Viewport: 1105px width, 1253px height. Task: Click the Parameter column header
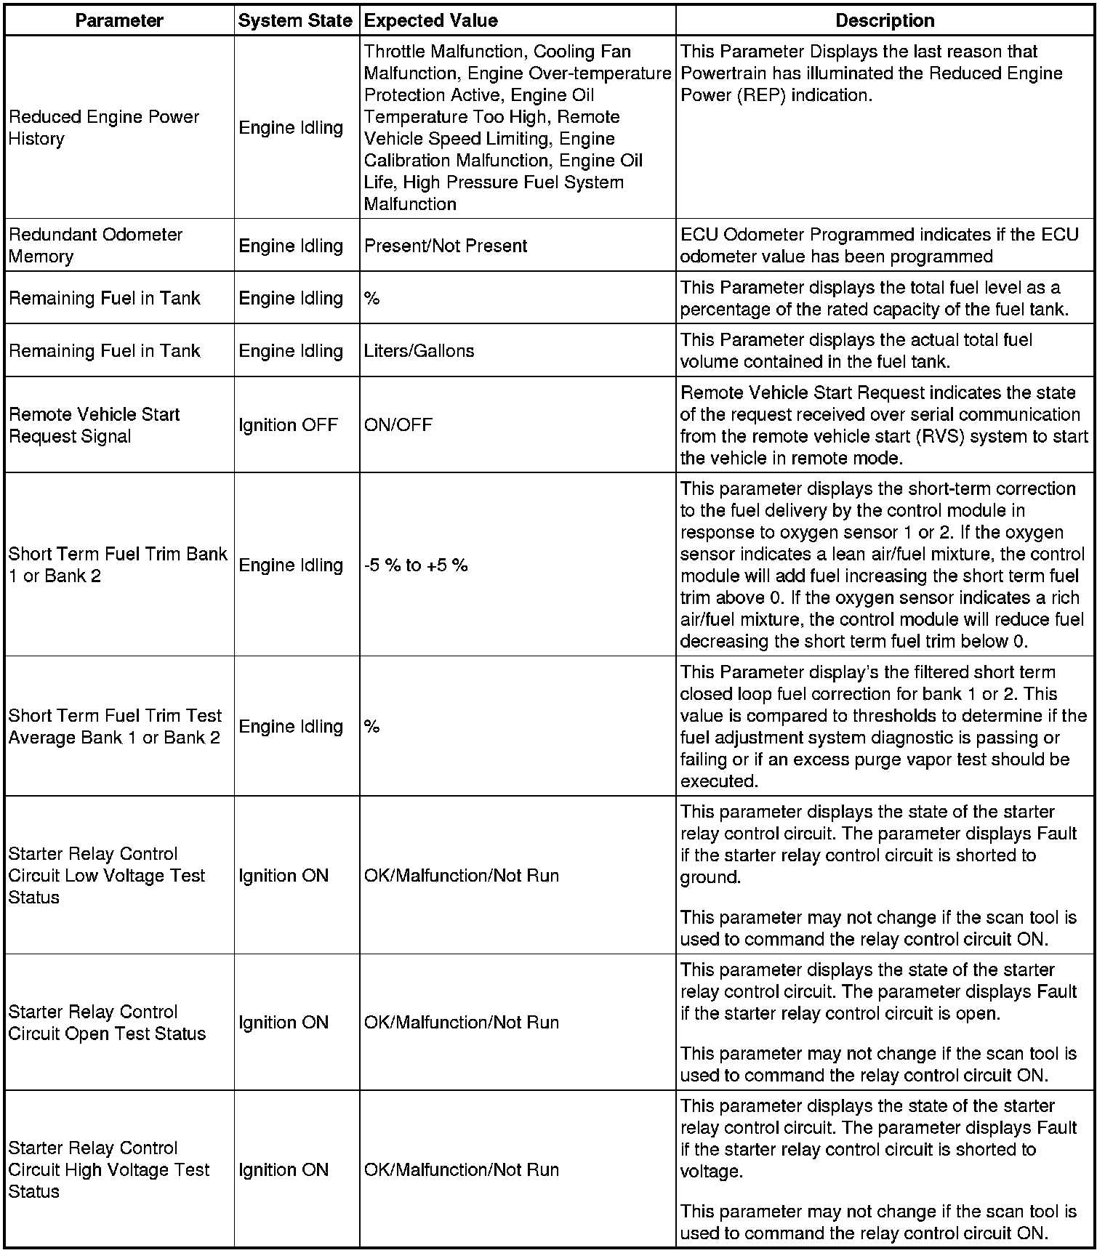coord(119,20)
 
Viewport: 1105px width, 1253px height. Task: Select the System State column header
coord(295,20)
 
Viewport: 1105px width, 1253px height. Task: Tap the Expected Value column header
coord(430,20)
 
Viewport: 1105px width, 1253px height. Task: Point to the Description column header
coord(885,20)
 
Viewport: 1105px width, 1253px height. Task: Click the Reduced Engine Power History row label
coord(104,127)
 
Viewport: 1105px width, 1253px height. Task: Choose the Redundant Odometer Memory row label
coord(95,245)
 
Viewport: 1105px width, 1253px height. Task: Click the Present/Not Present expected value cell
coord(445,246)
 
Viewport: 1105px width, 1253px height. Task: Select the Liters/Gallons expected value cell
coord(419,350)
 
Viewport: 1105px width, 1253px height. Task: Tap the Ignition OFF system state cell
coord(288,424)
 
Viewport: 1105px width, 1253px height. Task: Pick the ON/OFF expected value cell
coord(398,424)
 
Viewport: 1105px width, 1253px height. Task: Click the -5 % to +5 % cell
coord(416,565)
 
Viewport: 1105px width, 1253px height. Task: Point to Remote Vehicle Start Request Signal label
coord(94,424)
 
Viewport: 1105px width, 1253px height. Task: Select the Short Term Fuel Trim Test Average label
coord(114,726)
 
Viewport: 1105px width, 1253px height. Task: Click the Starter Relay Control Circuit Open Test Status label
coord(107,1022)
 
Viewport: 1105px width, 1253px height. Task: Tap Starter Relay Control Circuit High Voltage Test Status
coord(108,1169)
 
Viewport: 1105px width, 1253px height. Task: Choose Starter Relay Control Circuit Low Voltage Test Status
coord(107,875)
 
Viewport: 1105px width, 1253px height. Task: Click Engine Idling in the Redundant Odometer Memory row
coord(291,246)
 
